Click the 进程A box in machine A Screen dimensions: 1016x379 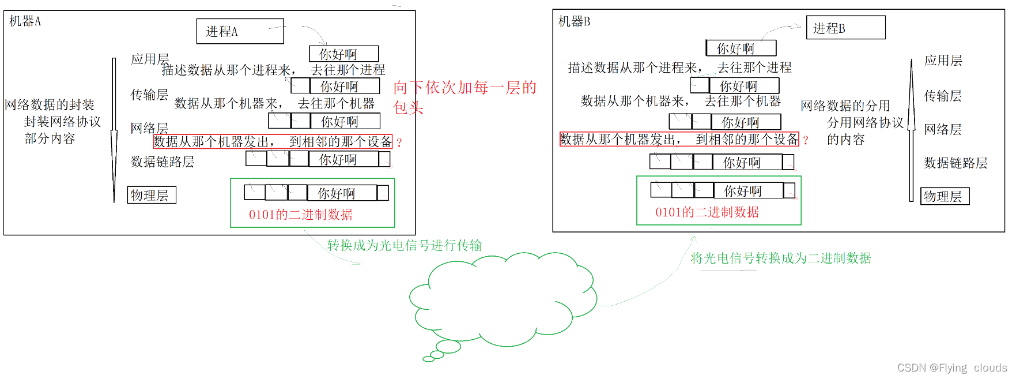click(x=240, y=31)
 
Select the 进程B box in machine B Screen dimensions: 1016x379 click(x=845, y=28)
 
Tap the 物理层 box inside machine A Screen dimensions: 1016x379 click(x=151, y=195)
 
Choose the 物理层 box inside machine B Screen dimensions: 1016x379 click(x=945, y=196)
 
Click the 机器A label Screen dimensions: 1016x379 click(x=25, y=21)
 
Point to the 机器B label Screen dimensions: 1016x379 click(x=574, y=22)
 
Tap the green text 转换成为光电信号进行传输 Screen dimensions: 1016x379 click(x=405, y=245)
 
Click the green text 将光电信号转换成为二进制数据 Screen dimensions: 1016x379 click(x=780, y=258)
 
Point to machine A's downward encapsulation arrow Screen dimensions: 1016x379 click(x=114, y=130)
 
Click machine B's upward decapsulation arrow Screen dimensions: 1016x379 click(x=911, y=130)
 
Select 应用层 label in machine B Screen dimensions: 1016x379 click(x=943, y=61)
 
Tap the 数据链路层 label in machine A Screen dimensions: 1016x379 click(x=163, y=162)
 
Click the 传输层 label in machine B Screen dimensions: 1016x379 click(x=943, y=96)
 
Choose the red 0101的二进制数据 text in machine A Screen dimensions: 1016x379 click(x=300, y=215)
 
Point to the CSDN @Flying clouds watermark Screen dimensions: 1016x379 click(x=951, y=367)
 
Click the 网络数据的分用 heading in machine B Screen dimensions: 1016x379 click(x=845, y=106)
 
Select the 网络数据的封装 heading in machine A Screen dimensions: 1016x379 click(x=50, y=105)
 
